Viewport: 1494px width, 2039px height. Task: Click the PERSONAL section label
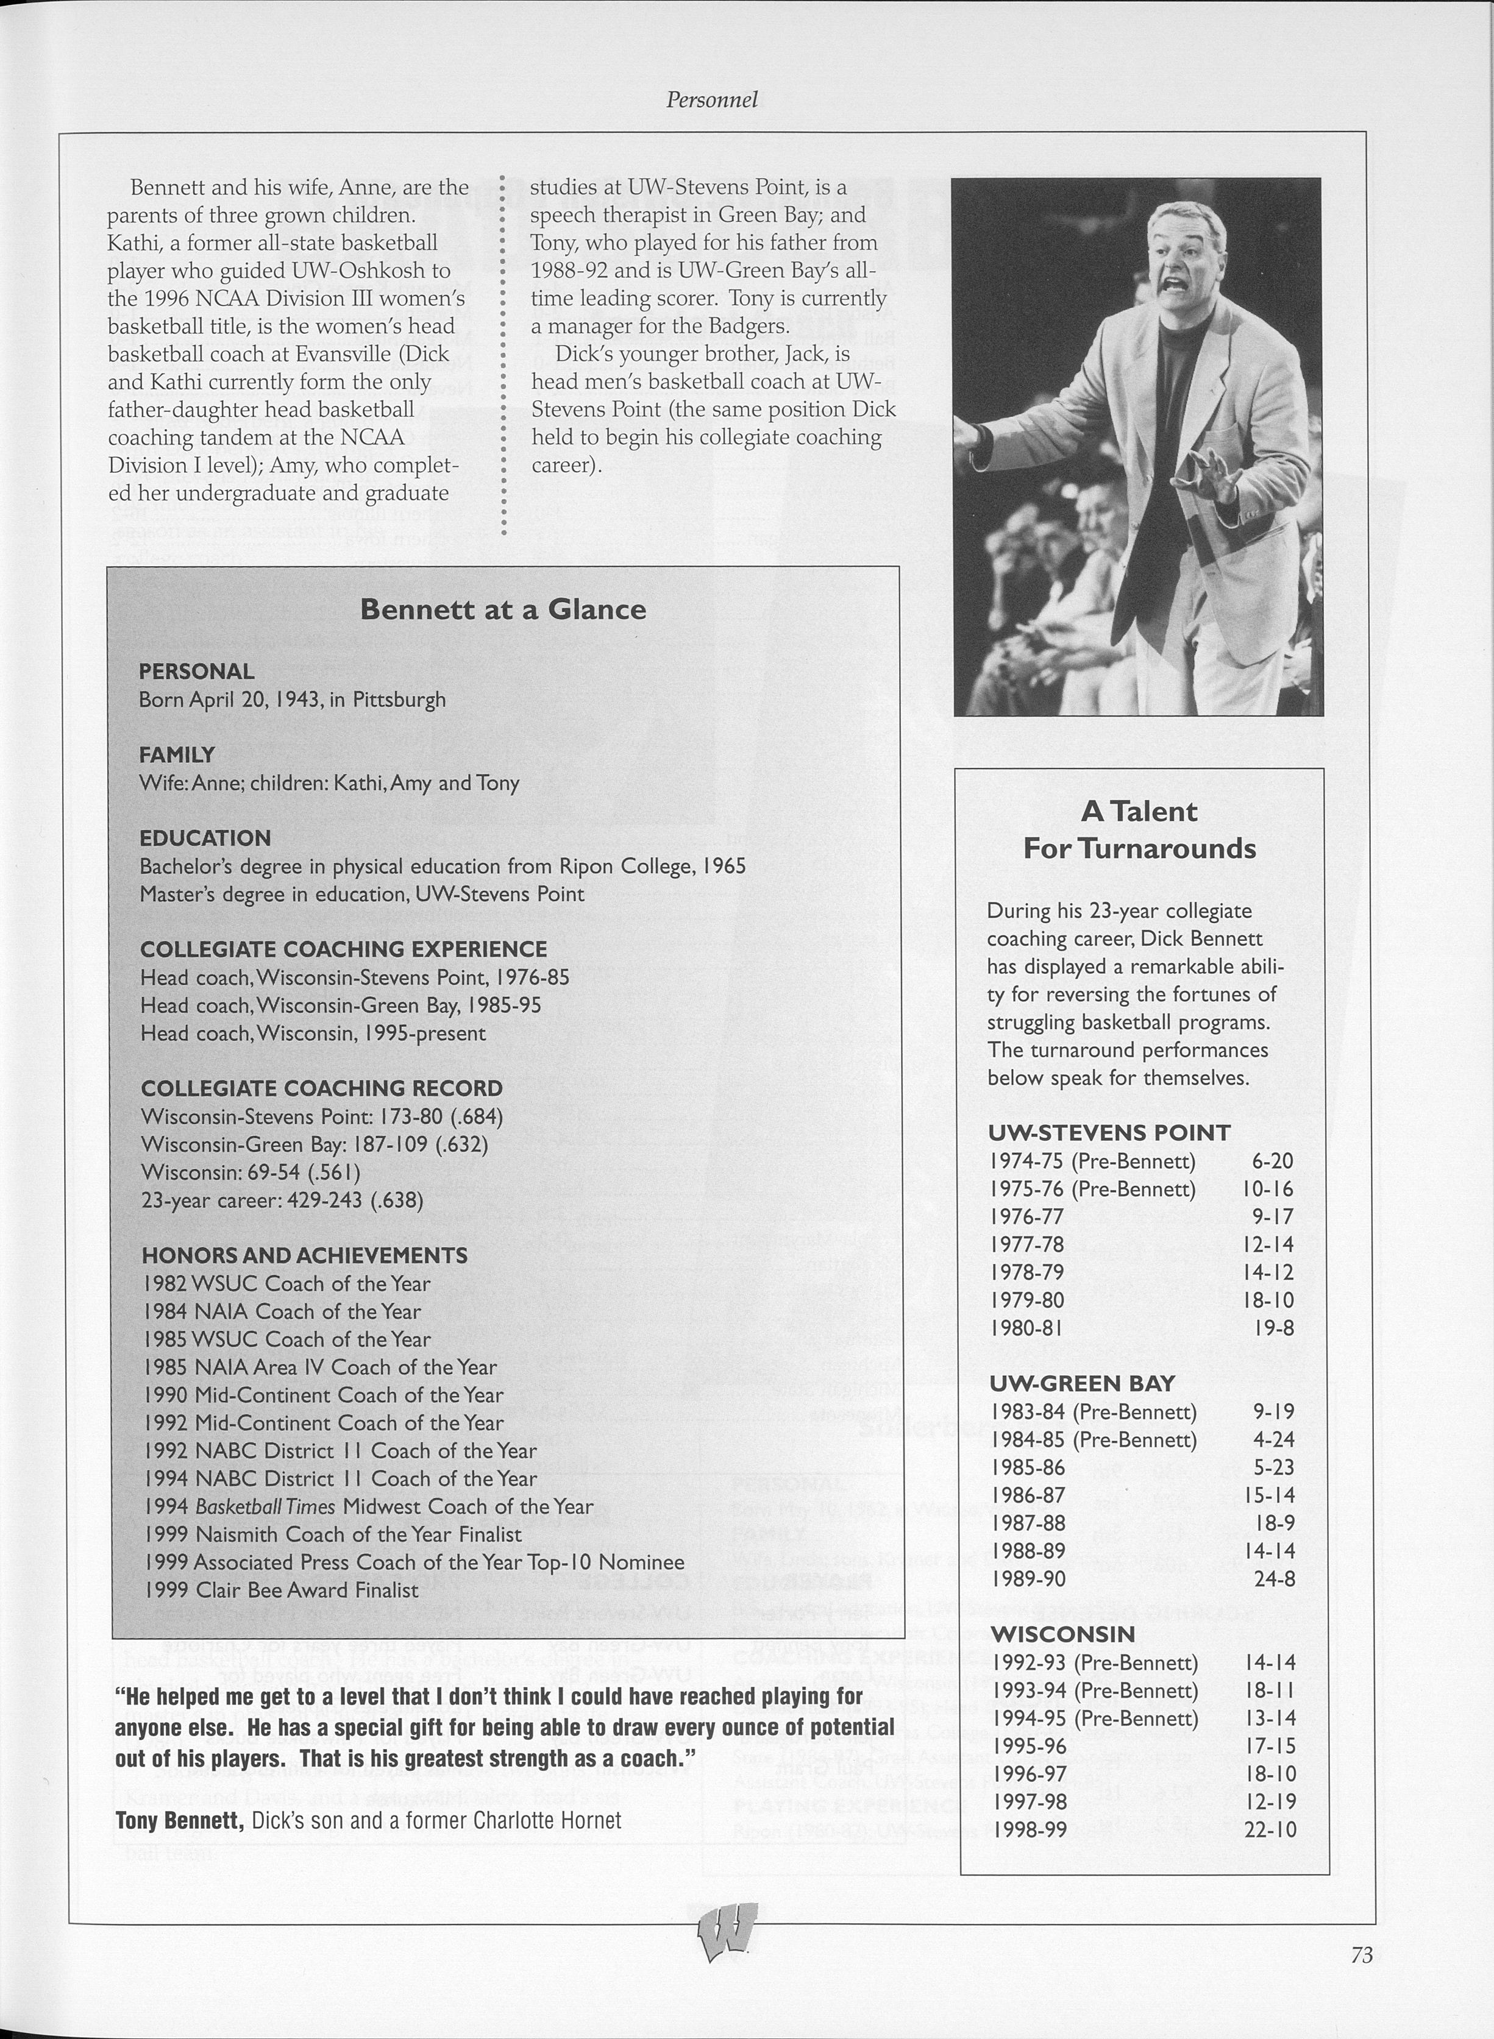(196, 671)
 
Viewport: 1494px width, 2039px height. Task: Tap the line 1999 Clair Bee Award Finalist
(281, 1590)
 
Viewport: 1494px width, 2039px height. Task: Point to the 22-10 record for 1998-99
(1271, 1829)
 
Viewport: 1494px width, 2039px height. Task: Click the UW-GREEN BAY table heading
(1081, 1383)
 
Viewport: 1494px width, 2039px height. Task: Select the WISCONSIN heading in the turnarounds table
(1062, 1634)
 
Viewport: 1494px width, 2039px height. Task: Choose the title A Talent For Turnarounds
(1139, 830)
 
